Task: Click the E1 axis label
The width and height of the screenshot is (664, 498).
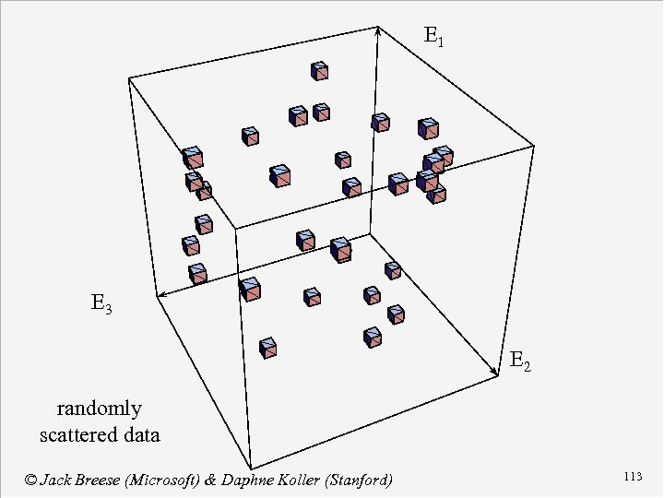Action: coord(433,38)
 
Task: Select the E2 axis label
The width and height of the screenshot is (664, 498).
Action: coord(520,362)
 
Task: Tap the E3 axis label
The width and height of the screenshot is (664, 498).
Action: coord(101,302)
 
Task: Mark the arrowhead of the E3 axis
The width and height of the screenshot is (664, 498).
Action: coord(159,296)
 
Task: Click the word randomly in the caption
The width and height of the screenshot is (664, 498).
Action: coord(100,409)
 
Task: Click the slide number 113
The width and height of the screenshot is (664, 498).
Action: coord(632,477)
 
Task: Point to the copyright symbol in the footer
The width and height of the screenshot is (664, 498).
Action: coord(30,480)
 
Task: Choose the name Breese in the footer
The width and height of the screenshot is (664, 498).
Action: coord(107,480)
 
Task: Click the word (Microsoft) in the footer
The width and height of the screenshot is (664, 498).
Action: coord(176,480)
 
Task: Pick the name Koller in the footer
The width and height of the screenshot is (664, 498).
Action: coord(320,480)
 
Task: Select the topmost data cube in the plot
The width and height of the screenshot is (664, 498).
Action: coord(320,71)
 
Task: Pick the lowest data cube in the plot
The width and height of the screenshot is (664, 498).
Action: coord(268,348)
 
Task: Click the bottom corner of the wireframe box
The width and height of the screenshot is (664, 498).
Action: coord(251,467)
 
